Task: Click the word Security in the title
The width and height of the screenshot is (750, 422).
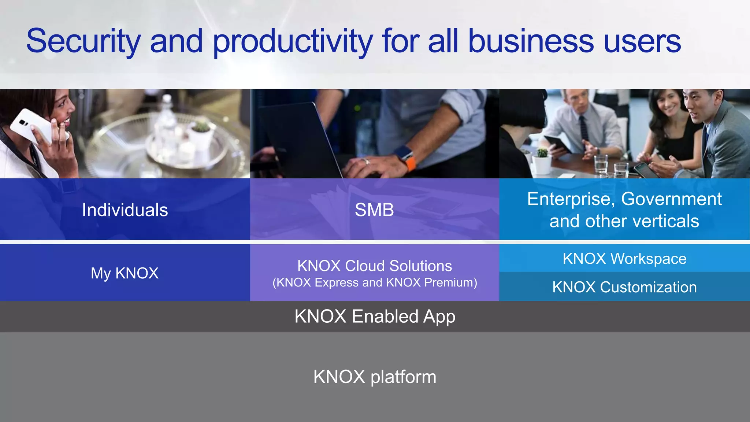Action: coord(83,41)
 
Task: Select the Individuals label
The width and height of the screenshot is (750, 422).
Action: coord(125,210)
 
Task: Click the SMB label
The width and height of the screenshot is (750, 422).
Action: coord(374,210)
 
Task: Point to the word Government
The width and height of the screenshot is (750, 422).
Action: coord(671,199)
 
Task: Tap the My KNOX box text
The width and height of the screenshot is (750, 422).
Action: coord(125,273)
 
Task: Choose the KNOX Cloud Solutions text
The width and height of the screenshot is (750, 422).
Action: coord(374,266)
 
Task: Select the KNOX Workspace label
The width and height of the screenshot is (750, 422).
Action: coord(624,259)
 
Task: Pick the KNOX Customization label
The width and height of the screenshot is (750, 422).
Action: coord(624,287)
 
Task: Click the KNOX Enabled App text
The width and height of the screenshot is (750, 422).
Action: coord(375,316)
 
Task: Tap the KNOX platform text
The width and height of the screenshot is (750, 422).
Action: coord(375,377)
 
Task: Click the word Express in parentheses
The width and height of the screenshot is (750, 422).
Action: coord(337,282)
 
